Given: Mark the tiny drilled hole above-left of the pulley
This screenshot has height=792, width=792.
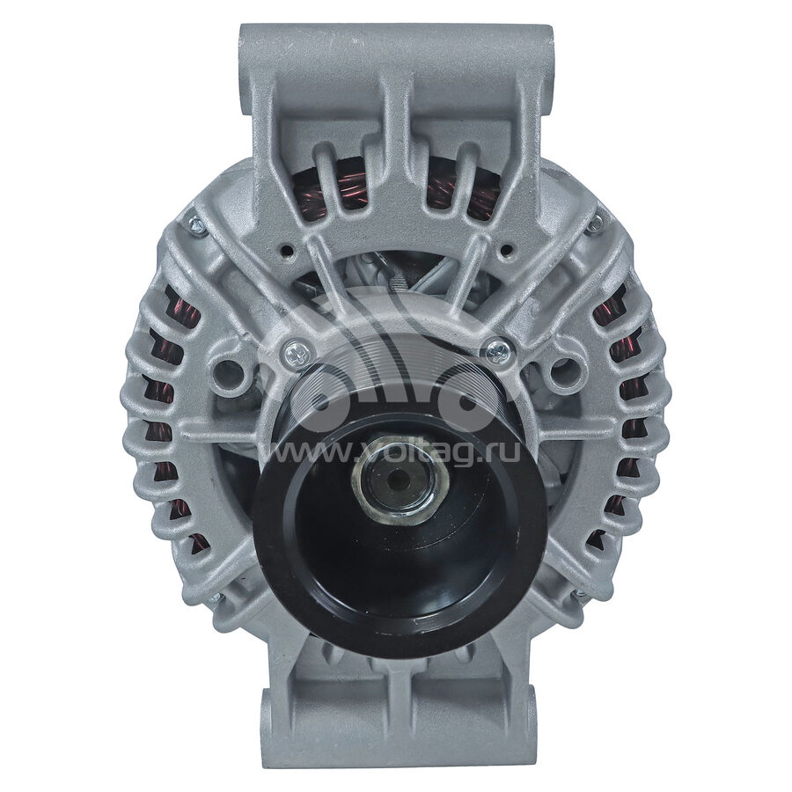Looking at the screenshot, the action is [x=288, y=250].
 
